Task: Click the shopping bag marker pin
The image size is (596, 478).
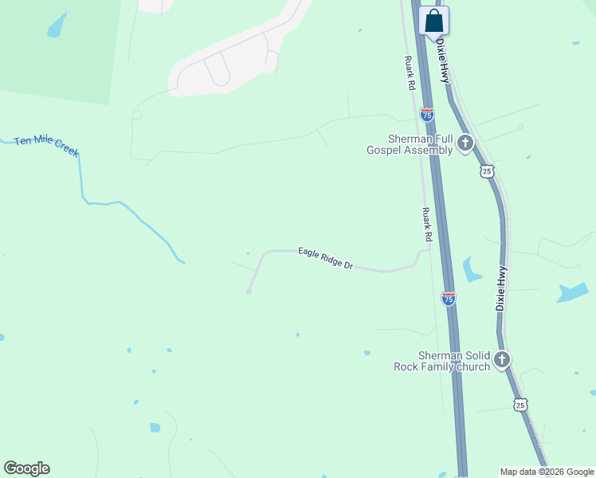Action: coord(433,21)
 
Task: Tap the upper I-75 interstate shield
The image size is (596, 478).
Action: coord(427,115)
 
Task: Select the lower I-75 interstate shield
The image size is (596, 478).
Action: coord(449,298)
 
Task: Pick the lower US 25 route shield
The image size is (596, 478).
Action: coord(520,405)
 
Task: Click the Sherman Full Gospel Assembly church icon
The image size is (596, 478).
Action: coord(465,144)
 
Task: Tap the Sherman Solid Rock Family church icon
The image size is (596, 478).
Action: coord(502,360)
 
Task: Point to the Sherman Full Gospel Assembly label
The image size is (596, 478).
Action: coord(410,144)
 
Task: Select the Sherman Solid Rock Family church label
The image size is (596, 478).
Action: coord(442,361)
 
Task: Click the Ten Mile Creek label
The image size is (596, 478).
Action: coord(46,147)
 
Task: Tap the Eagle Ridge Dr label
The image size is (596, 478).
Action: coord(325,258)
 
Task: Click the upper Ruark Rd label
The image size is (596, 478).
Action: coord(410,72)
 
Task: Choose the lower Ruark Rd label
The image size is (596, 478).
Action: coord(426,225)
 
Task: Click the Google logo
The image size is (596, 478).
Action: coord(26,468)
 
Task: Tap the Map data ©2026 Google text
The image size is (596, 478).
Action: coord(546,472)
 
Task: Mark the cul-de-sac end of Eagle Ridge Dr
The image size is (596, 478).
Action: coord(249,292)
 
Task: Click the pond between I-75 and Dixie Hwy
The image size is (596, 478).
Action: coord(472,270)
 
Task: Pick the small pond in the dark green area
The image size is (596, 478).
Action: coord(56,26)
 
